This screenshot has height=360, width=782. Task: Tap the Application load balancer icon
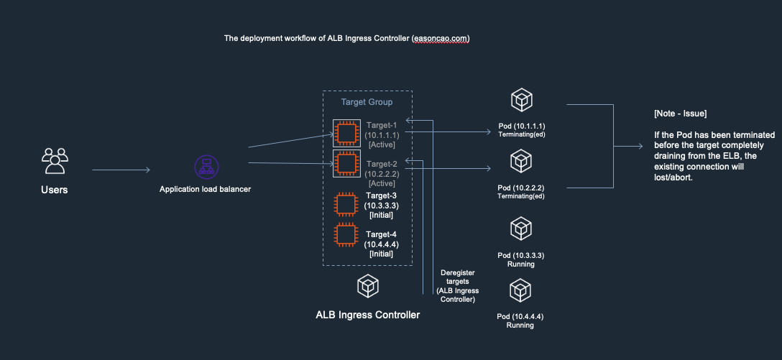coord(206,167)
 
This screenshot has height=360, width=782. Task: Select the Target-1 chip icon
coord(346,134)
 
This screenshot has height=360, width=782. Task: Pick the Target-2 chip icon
coord(346,165)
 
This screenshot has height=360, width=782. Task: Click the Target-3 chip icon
coord(346,205)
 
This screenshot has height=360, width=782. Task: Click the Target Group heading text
coord(367,103)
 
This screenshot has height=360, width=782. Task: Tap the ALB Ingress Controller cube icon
coord(367,287)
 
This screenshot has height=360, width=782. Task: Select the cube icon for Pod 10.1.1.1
coord(521,100)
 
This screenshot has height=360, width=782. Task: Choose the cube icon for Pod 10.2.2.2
coord(521,162)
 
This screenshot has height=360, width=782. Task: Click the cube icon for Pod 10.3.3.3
coord(521,229)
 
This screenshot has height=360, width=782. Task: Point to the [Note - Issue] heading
coord(680,114)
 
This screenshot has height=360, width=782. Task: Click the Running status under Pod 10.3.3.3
coord(520,264)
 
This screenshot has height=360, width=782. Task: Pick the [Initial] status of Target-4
coord(381,254)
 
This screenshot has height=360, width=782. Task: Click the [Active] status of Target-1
coord(380,145)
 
